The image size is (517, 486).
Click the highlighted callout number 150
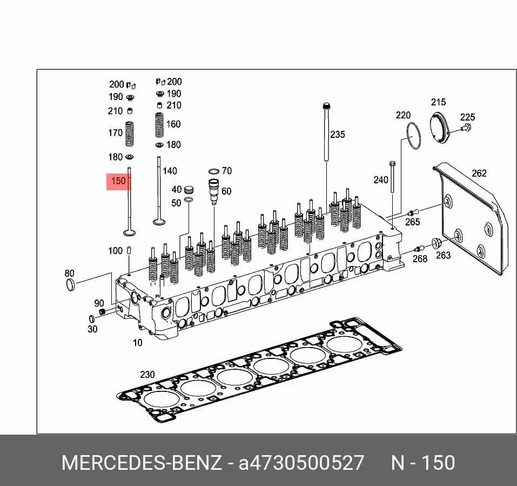point(118,181)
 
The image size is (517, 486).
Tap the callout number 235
point(338,134)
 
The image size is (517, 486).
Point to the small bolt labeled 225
point(467,127)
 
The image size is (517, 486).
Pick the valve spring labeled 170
point(130,134)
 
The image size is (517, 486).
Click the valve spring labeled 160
point(159,125)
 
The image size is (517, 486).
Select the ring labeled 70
point(213,171)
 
